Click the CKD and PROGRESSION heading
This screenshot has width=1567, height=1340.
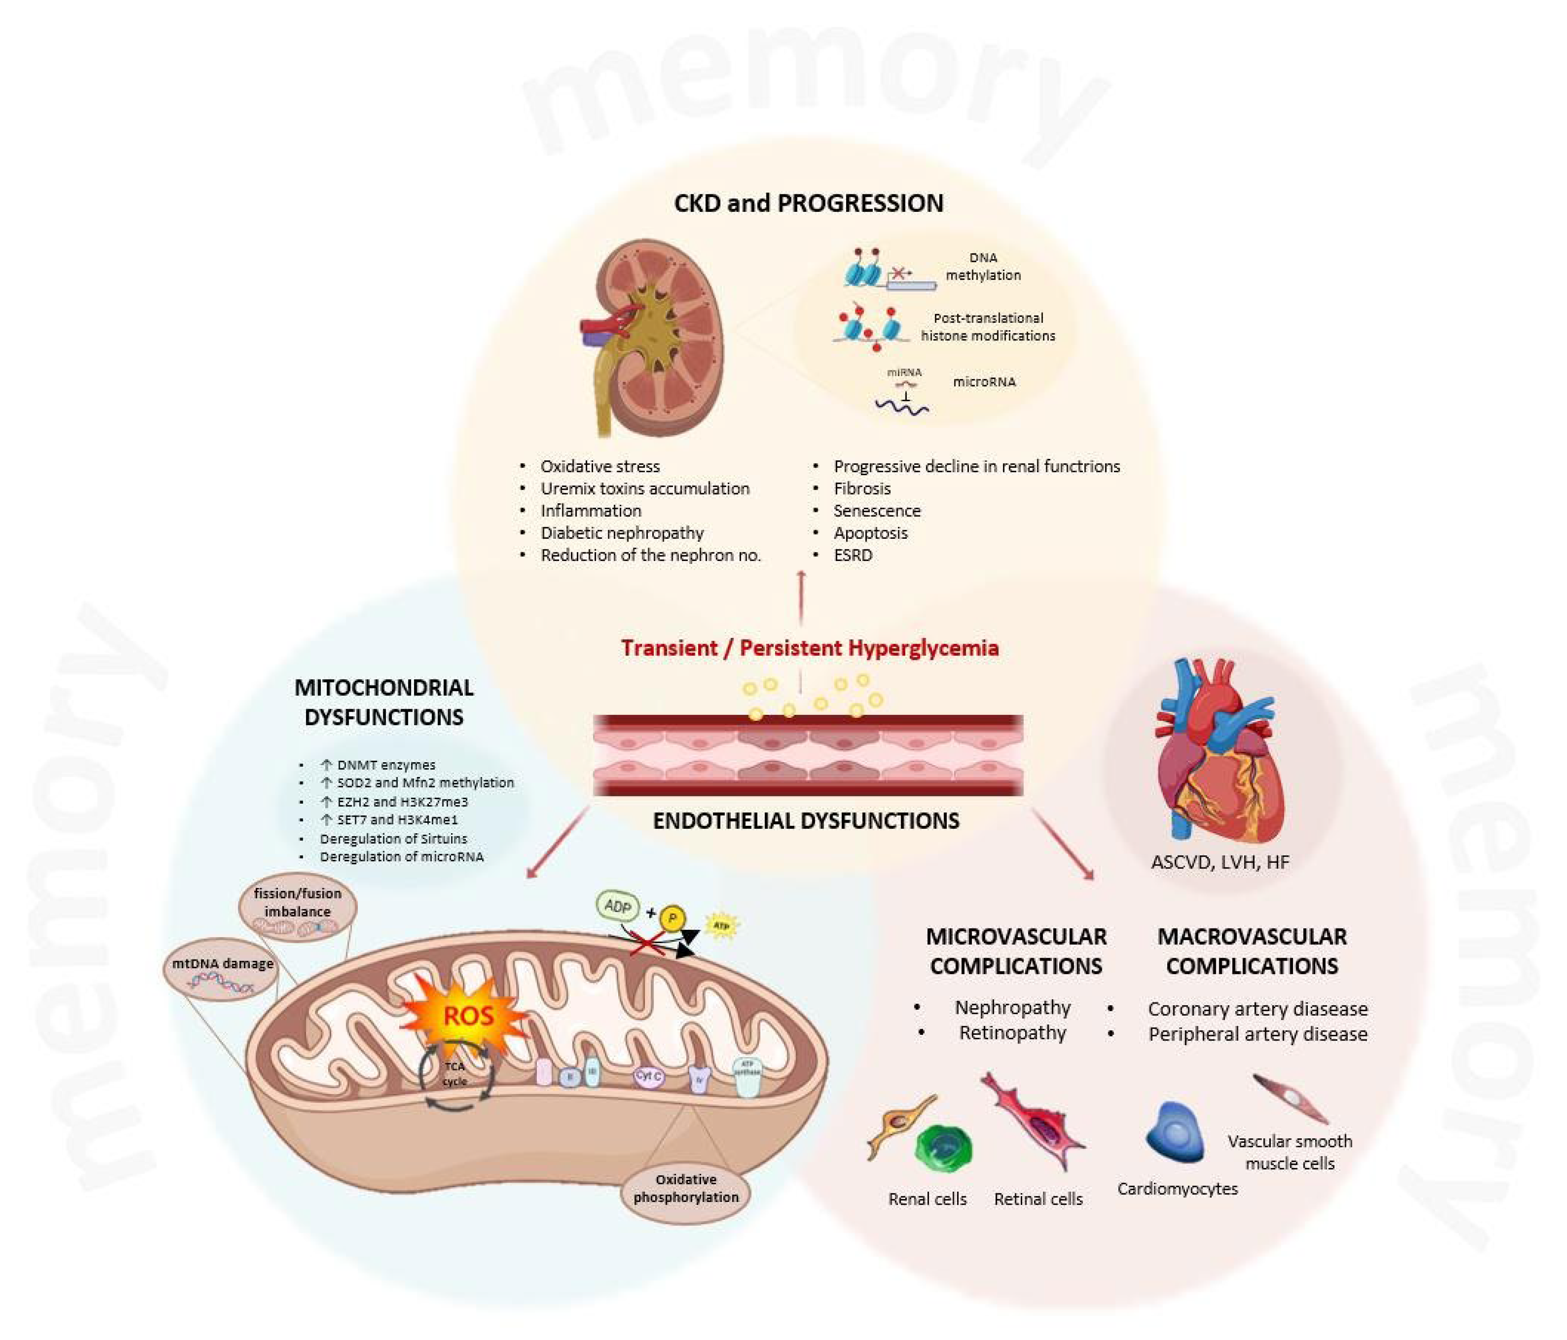point(808,203)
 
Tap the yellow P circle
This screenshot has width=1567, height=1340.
point(672,919)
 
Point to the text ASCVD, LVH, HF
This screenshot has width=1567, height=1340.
point(1219,862)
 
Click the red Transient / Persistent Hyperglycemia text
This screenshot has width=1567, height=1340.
point(809,648)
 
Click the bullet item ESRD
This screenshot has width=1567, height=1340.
point(852,555)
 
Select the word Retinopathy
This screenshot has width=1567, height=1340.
point(1012,1033)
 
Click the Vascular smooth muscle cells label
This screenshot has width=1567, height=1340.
point(1289,1152)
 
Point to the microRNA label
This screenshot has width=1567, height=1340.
point(984,382)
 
